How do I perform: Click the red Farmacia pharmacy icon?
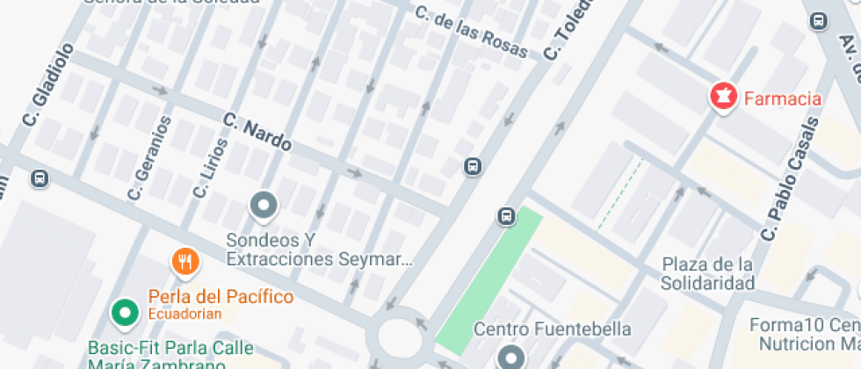click(723, 98)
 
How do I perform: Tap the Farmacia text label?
click(783, 98)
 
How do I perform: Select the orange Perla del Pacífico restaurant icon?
click(184, 261)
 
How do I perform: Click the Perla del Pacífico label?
click(221, 297)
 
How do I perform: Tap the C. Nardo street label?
click(257, 132)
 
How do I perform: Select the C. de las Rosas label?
click(472, 33)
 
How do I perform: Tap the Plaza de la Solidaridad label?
click(708, 274)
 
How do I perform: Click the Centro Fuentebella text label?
click(553, 330)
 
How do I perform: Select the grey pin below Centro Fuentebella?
click(510, 357)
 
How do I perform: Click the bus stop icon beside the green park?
click(506, 216)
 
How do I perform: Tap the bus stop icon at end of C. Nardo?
click(473, 166)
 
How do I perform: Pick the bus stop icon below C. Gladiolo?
click(39, 179)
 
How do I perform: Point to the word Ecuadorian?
click(184, 314)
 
